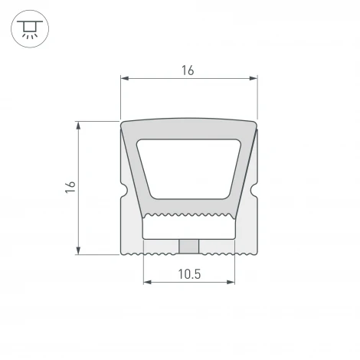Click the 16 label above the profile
(188, 70)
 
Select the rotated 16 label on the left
(70, 187)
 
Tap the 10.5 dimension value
(189, 273)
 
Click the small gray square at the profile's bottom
(188, 245)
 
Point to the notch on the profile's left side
(123, 188)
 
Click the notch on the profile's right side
(254, 188)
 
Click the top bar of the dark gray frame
(188, 129)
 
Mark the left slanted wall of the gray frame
(135, 172)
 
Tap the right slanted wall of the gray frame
(243, 172)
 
